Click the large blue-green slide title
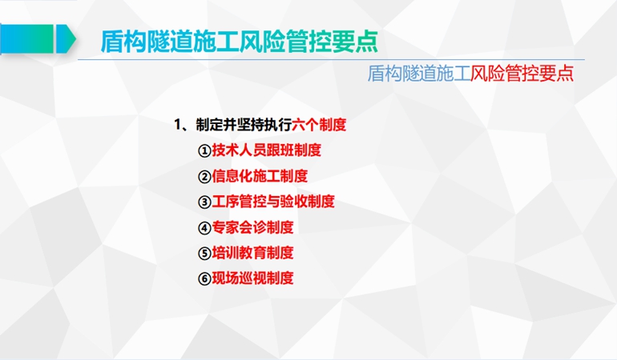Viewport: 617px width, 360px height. pos(240,41)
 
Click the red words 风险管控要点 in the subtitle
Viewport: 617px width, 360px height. pos(522,73)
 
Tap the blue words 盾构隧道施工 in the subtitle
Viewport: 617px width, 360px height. pos(419,73)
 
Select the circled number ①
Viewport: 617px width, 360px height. pos(204,151)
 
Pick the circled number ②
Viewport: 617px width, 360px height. pos(204,177)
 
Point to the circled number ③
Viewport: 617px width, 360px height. pos(204,202)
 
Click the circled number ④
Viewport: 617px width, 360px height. pos(204,227)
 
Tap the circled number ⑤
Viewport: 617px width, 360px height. pos(204,253)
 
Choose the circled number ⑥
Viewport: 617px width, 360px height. pos(204,278)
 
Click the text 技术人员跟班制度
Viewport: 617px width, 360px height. pos(266,150)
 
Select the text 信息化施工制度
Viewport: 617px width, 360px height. pos(260,176)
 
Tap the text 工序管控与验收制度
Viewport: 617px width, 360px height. pos(273,202)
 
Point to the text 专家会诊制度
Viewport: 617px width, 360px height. pos(252,226)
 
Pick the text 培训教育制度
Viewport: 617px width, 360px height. pos(252,252)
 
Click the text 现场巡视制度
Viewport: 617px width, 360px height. pos(252,278)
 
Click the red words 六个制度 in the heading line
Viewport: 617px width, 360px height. pos(319,125)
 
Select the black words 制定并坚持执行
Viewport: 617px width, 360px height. pos(244,125)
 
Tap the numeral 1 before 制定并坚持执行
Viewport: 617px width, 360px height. pos(177,125)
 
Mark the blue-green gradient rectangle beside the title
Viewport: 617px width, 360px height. pos(26,38)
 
